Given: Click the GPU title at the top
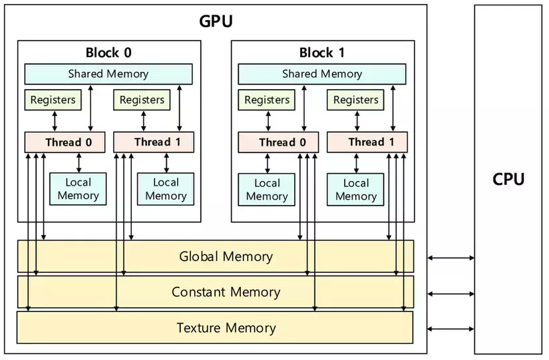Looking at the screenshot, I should coord(216,21).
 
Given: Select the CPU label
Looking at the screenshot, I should coord(508,179).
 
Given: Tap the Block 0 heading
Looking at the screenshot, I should coord(108,53).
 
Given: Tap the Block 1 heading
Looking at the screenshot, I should coord(322,53).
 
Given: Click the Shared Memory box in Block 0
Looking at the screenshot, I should coord(108,74).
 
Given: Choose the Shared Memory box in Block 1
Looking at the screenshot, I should coord(322,74).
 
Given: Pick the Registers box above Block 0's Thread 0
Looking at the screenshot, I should coord(53,100).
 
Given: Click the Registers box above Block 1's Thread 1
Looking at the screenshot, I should coord(355,100).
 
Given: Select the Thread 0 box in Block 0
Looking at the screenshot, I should coord(65,142).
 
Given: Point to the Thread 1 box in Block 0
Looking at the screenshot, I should coord(154,142).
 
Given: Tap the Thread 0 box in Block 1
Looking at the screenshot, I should coord(278,142).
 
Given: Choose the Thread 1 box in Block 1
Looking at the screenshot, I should coord(367,142).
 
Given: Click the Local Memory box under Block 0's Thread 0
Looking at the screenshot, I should coord(78,189).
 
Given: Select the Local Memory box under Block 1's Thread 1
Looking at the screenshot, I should coord(355,190).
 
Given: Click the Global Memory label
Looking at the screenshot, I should coord(226,256).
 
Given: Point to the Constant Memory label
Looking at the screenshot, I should coord(226,292).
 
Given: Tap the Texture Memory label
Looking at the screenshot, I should coord(226,327).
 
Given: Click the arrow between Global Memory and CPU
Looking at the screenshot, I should coord(451,258).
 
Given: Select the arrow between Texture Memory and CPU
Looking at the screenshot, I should coord(451,328).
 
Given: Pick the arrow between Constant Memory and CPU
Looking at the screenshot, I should coord(451,293).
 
